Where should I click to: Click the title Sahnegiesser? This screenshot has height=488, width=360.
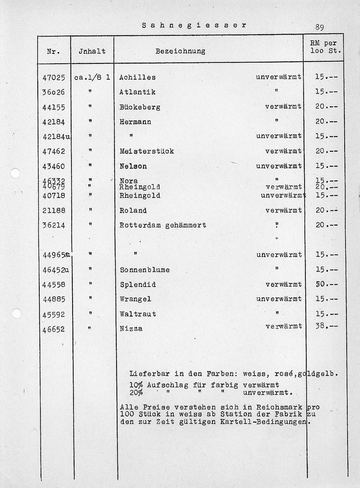194,25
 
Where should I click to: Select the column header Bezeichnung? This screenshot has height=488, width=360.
180,51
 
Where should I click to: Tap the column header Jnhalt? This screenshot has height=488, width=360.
92,51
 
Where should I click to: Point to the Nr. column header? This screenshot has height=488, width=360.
53,51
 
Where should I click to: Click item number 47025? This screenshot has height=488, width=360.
54,78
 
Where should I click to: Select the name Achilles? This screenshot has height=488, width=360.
137,77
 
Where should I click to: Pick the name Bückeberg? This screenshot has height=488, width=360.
140,107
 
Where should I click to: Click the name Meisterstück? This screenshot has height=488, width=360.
147,151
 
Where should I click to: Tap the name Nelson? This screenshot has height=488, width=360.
133,166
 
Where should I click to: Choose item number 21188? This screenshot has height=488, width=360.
54,211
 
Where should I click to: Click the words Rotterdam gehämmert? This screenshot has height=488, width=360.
163,225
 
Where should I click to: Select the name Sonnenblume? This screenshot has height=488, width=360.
145,270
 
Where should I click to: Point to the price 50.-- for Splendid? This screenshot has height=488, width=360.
327,284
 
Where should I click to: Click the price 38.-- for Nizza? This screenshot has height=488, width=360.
327,326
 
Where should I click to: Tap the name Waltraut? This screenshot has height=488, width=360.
138,314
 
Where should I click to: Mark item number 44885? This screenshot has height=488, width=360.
54,300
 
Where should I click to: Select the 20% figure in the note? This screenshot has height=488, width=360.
136,392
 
